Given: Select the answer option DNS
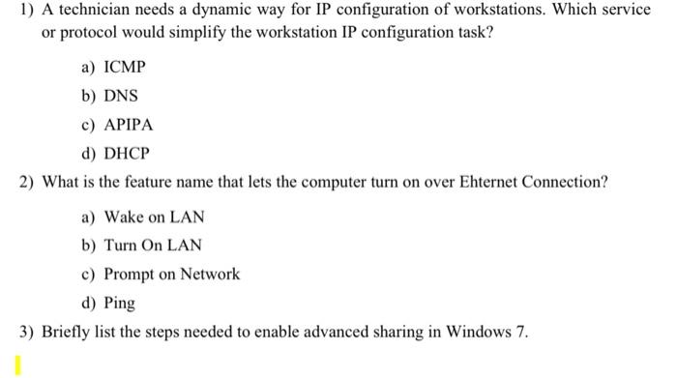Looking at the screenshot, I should click(121, 96).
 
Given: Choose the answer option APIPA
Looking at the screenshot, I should click(129, 125).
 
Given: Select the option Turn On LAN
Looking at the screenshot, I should click(153, 246).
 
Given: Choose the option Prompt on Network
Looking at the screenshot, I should click(171, 274).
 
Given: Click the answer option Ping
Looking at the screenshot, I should click(119, 303).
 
